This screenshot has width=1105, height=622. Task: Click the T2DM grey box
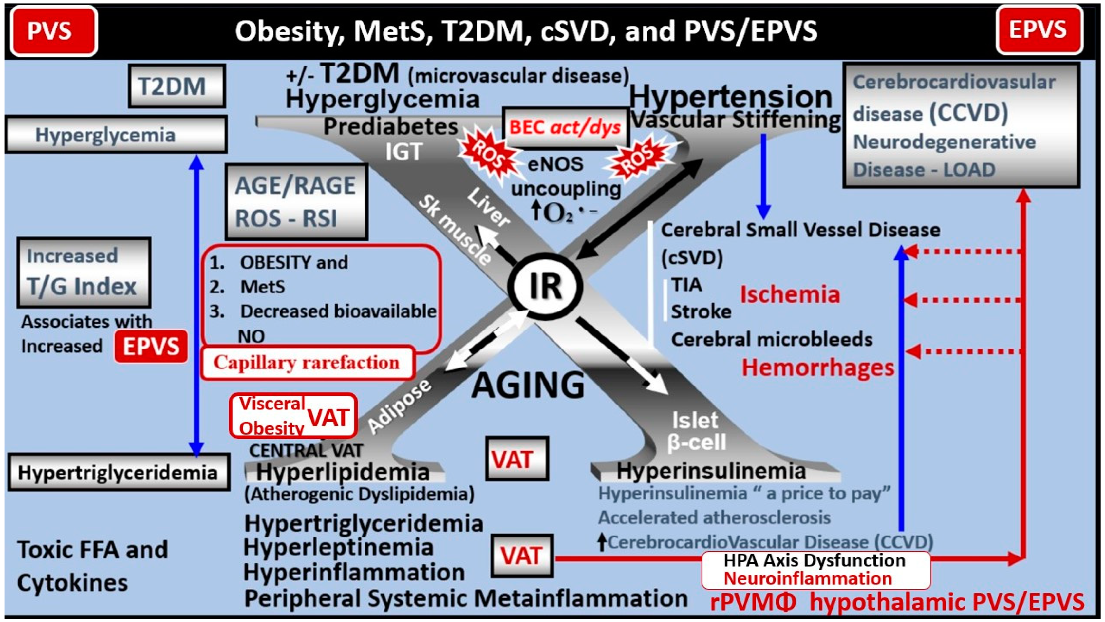[x=176, y=86]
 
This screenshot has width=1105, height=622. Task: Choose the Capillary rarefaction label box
[x=307, y=363]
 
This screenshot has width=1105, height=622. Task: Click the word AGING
[x=528, y=384]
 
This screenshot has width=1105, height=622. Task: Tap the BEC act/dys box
[x=565, y=127]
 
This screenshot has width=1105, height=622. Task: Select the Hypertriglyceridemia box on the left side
[x=118, y=473]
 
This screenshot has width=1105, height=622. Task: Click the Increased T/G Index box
[x=84, y=273]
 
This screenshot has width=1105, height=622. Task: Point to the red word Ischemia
[x=790, y=295]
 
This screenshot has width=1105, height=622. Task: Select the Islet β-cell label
[x=696, y=431]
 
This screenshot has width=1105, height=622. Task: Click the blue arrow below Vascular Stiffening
[x=763, y=176]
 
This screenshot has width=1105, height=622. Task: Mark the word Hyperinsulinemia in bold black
[x=711, y=471]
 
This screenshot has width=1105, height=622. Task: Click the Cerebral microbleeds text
[x=771, y=340]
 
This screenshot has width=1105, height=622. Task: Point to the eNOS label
[x=555, y=164]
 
